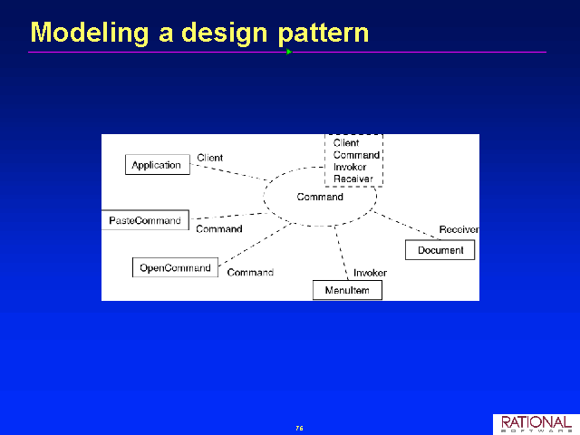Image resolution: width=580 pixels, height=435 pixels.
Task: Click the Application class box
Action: pyautogui.click(x=158, y=165)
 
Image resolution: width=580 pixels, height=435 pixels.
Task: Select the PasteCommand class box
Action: pyautogui.click(x=145, y=220)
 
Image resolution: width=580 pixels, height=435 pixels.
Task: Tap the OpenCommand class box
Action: pyautogui.click(x=175, y=267)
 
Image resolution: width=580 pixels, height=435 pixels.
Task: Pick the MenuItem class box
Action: pyautogui.click(x=347, y=290)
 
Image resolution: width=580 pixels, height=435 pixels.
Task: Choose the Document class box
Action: pyautogui.click(x=440, y=250)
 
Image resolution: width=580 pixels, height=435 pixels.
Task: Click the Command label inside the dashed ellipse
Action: pyautogui.click(x=320, y=197)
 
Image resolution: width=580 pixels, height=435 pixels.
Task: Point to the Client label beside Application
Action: pyautogui.click(x=209, y=158)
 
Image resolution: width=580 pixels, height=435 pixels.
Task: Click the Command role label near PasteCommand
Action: pyautogui.click(x=219, y=229)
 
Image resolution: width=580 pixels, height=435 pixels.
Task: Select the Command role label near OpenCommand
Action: pyautogui.click(x=250, y=273)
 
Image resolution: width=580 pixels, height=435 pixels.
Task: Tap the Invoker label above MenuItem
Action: pyautogui.click(x=370, y=273)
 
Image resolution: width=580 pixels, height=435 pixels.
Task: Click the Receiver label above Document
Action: pyautogui.click(x=459, y=229)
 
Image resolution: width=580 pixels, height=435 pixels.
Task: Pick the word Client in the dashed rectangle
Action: pyautogui.click(x=346, y=143)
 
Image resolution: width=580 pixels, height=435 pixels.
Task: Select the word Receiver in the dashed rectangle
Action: pyautogui.click(x=353, y=179)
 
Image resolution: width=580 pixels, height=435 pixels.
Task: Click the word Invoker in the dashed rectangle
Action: pyautogui.click(x=350, y=167)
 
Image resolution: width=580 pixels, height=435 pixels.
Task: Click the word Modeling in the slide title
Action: pyautogui.click(x=90, y=34)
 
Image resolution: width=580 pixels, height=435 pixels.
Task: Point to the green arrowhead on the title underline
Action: pyautogui.click(x=289, y=52)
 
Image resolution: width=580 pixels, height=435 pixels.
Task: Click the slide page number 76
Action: pyautogui.click(x=299, y=429)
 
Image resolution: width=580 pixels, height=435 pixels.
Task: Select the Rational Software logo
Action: pyautogui.click(x=536, y=424)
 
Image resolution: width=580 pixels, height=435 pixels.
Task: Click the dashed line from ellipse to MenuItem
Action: pyautogui.click(x=342, y=252)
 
